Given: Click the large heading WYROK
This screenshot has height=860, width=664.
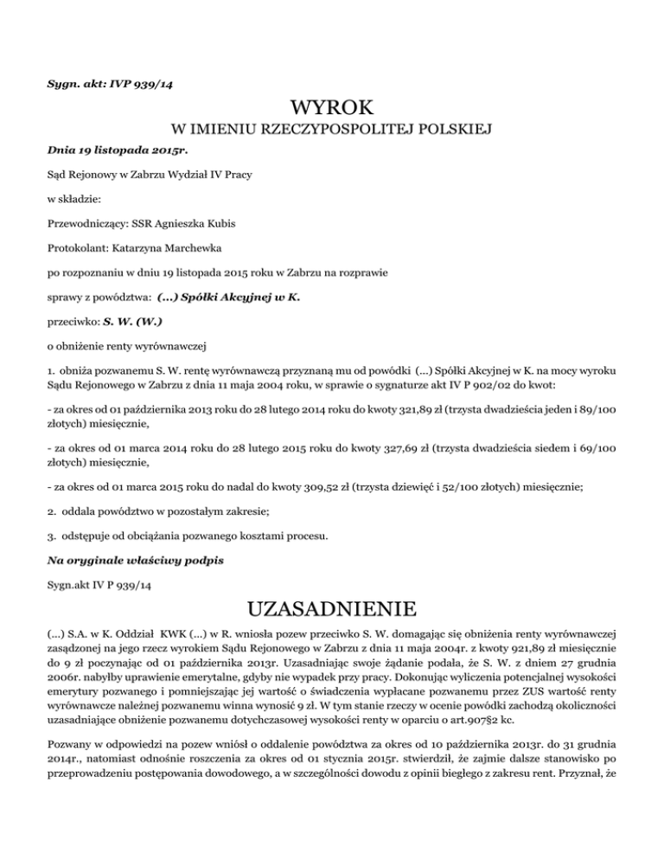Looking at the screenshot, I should click(x=333, y=109).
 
